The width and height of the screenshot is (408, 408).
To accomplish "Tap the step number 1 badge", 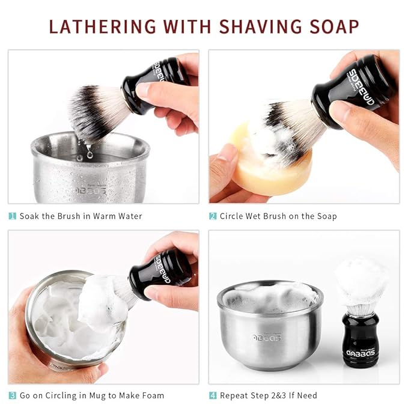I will (x=12, y=216).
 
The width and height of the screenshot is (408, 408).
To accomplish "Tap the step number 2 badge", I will (x=213, y=216).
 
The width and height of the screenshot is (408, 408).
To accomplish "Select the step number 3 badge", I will (x=12, y=395).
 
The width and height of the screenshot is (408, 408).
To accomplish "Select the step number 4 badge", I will (x=213, y=395).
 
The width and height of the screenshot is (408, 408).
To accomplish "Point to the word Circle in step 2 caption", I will (x=233, y=216).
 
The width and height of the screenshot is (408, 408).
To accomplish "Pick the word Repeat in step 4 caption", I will (x=234, y=395).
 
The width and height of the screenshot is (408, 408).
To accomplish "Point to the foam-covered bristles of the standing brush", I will (x=361, y=282).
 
